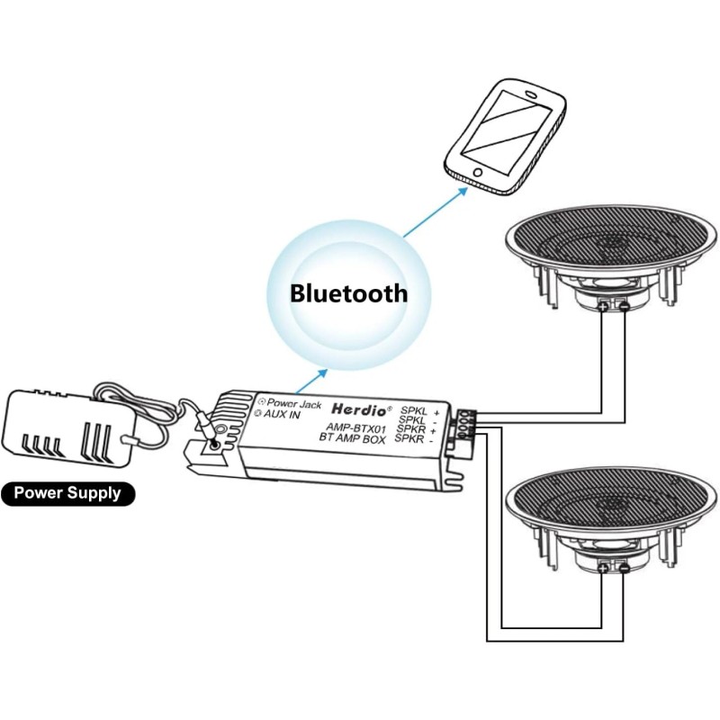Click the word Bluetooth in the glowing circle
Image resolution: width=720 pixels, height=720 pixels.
pyautogui.click(x=348, y=292)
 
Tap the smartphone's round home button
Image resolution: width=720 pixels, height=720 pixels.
pyautogui.click(x=471, y=175)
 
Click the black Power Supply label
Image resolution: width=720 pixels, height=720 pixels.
pyautogui.click(x=67, y=493)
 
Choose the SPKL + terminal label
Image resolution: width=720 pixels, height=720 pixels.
pyautogui.click(x=418, y=409)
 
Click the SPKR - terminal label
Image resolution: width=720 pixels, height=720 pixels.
pyautogui.click(x=415, y=441)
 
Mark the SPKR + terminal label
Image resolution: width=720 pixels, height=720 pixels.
pyautogui.click(x=415, y=430)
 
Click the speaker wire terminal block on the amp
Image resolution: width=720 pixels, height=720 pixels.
pyautogui.click(x=464, y=423)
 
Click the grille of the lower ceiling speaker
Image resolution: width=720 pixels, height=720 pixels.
pyautogui.click(x=612, y=499)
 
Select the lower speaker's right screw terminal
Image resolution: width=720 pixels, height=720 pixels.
pyautogui.click(x=624, y=568)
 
